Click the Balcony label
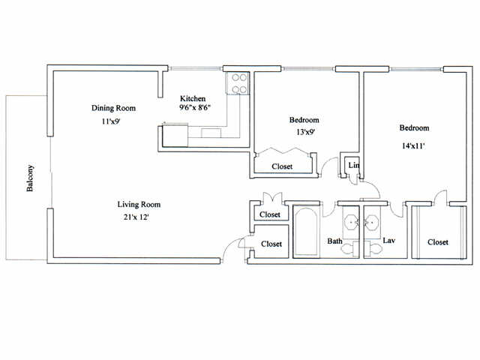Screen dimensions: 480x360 (30, 178)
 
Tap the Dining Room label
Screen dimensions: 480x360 (113, 108)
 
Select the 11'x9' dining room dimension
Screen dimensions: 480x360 (111, 121)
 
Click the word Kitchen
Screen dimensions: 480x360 (193, 98)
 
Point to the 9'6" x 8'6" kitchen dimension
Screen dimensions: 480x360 (195, 107)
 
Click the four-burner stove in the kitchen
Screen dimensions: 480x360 (237, 83)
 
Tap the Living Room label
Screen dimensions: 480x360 (139, 205)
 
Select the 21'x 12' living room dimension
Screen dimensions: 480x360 (136, 217)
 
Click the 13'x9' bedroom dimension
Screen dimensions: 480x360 (305, 132)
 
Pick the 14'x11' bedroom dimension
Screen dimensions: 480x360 (413, 146)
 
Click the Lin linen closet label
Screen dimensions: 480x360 (353, 165)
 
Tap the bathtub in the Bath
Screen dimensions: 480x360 (307, 232)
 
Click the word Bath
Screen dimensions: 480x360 (335, 241)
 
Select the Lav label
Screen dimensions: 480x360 (388, 241)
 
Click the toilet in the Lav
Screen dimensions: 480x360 (373, 249)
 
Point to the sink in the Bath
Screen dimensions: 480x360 (351, 221)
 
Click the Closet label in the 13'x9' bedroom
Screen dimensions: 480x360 (282, 166)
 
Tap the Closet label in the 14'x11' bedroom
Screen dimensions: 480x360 (438, 242)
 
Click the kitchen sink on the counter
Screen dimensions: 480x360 (211, 133)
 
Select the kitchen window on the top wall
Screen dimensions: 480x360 (195, 68)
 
